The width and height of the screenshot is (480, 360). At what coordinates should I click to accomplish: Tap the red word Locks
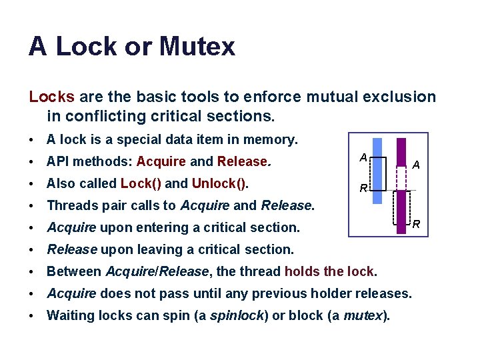(x=51, y=97)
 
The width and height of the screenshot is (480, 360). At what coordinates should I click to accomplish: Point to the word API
(x=59, y=161)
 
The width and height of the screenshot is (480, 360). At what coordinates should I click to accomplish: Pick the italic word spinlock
(x=235, y=315)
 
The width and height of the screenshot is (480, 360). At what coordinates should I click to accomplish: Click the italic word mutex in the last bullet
(x=364, y=315)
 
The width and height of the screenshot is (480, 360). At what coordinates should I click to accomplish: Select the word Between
(x=74, y=271)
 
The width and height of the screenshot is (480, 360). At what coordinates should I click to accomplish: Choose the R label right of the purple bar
(x=415, y=224)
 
